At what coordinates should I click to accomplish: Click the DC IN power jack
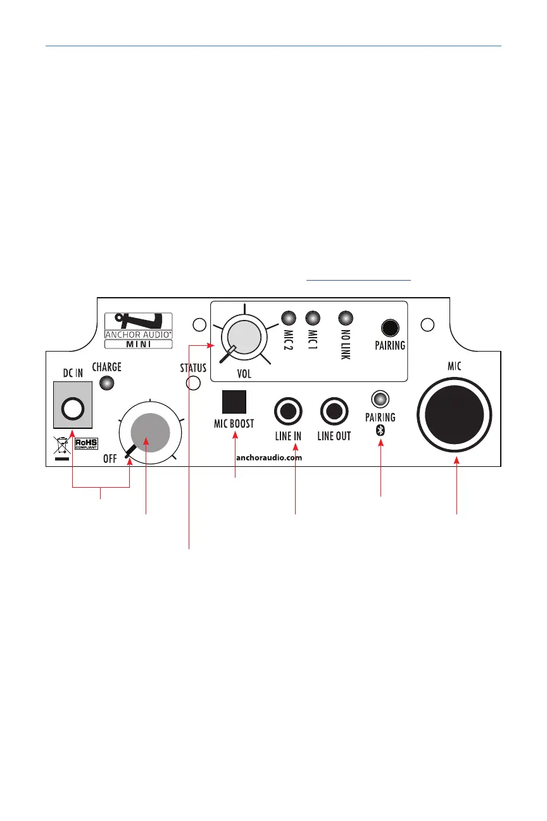coord(73,409)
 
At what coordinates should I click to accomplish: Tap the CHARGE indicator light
coord(106,383)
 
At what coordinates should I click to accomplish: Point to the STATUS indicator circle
coord(193,383)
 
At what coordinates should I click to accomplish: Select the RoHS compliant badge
coord(87,444)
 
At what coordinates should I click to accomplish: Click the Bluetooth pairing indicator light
coord(380,399)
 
